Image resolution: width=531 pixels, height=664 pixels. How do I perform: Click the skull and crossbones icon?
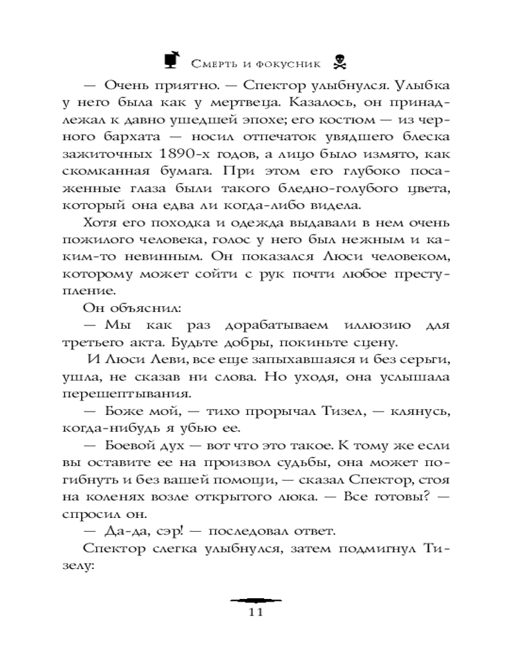click(340, 62)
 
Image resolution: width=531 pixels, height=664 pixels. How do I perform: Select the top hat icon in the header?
click(171, 60)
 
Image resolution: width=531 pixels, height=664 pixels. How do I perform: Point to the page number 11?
click(256, 612)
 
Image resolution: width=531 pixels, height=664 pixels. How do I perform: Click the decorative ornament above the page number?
click(256, 599)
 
